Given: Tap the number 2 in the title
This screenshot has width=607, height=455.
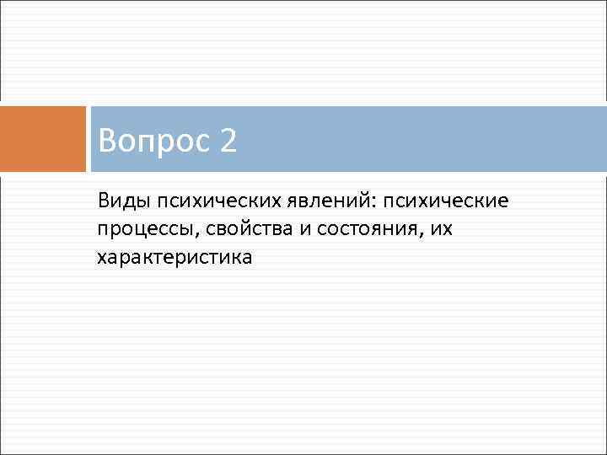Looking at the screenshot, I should [x=228, y=141].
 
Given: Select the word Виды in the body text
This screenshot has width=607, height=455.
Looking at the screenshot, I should [x=120, y=202].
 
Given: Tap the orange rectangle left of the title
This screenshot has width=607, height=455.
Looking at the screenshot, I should [x=43, y=138].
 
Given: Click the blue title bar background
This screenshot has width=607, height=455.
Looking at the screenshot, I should [x=422, y=138].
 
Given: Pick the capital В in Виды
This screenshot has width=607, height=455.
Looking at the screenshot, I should [x=103, y=202].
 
